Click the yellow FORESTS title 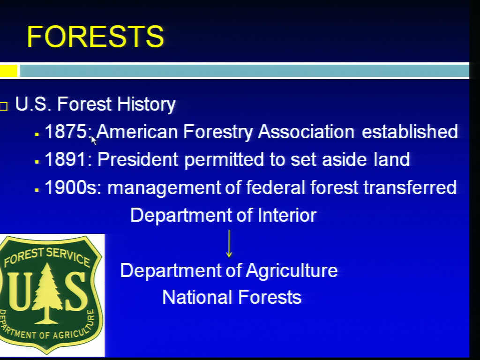[96, 37]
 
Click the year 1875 [66, 132]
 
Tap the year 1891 [65, 159]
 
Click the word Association [306, 132]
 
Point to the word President [138, 159]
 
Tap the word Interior [287, 215]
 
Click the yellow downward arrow [229, 244]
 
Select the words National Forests [232, 297]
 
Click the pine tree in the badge [46, 293]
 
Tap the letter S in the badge [75, 291]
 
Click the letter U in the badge [20, 291]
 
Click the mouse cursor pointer [93, 140]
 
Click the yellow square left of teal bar [8, 71]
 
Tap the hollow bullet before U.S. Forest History [3, 106]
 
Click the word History [146, 105]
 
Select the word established [410, 132]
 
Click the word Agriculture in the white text [292, 271]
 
